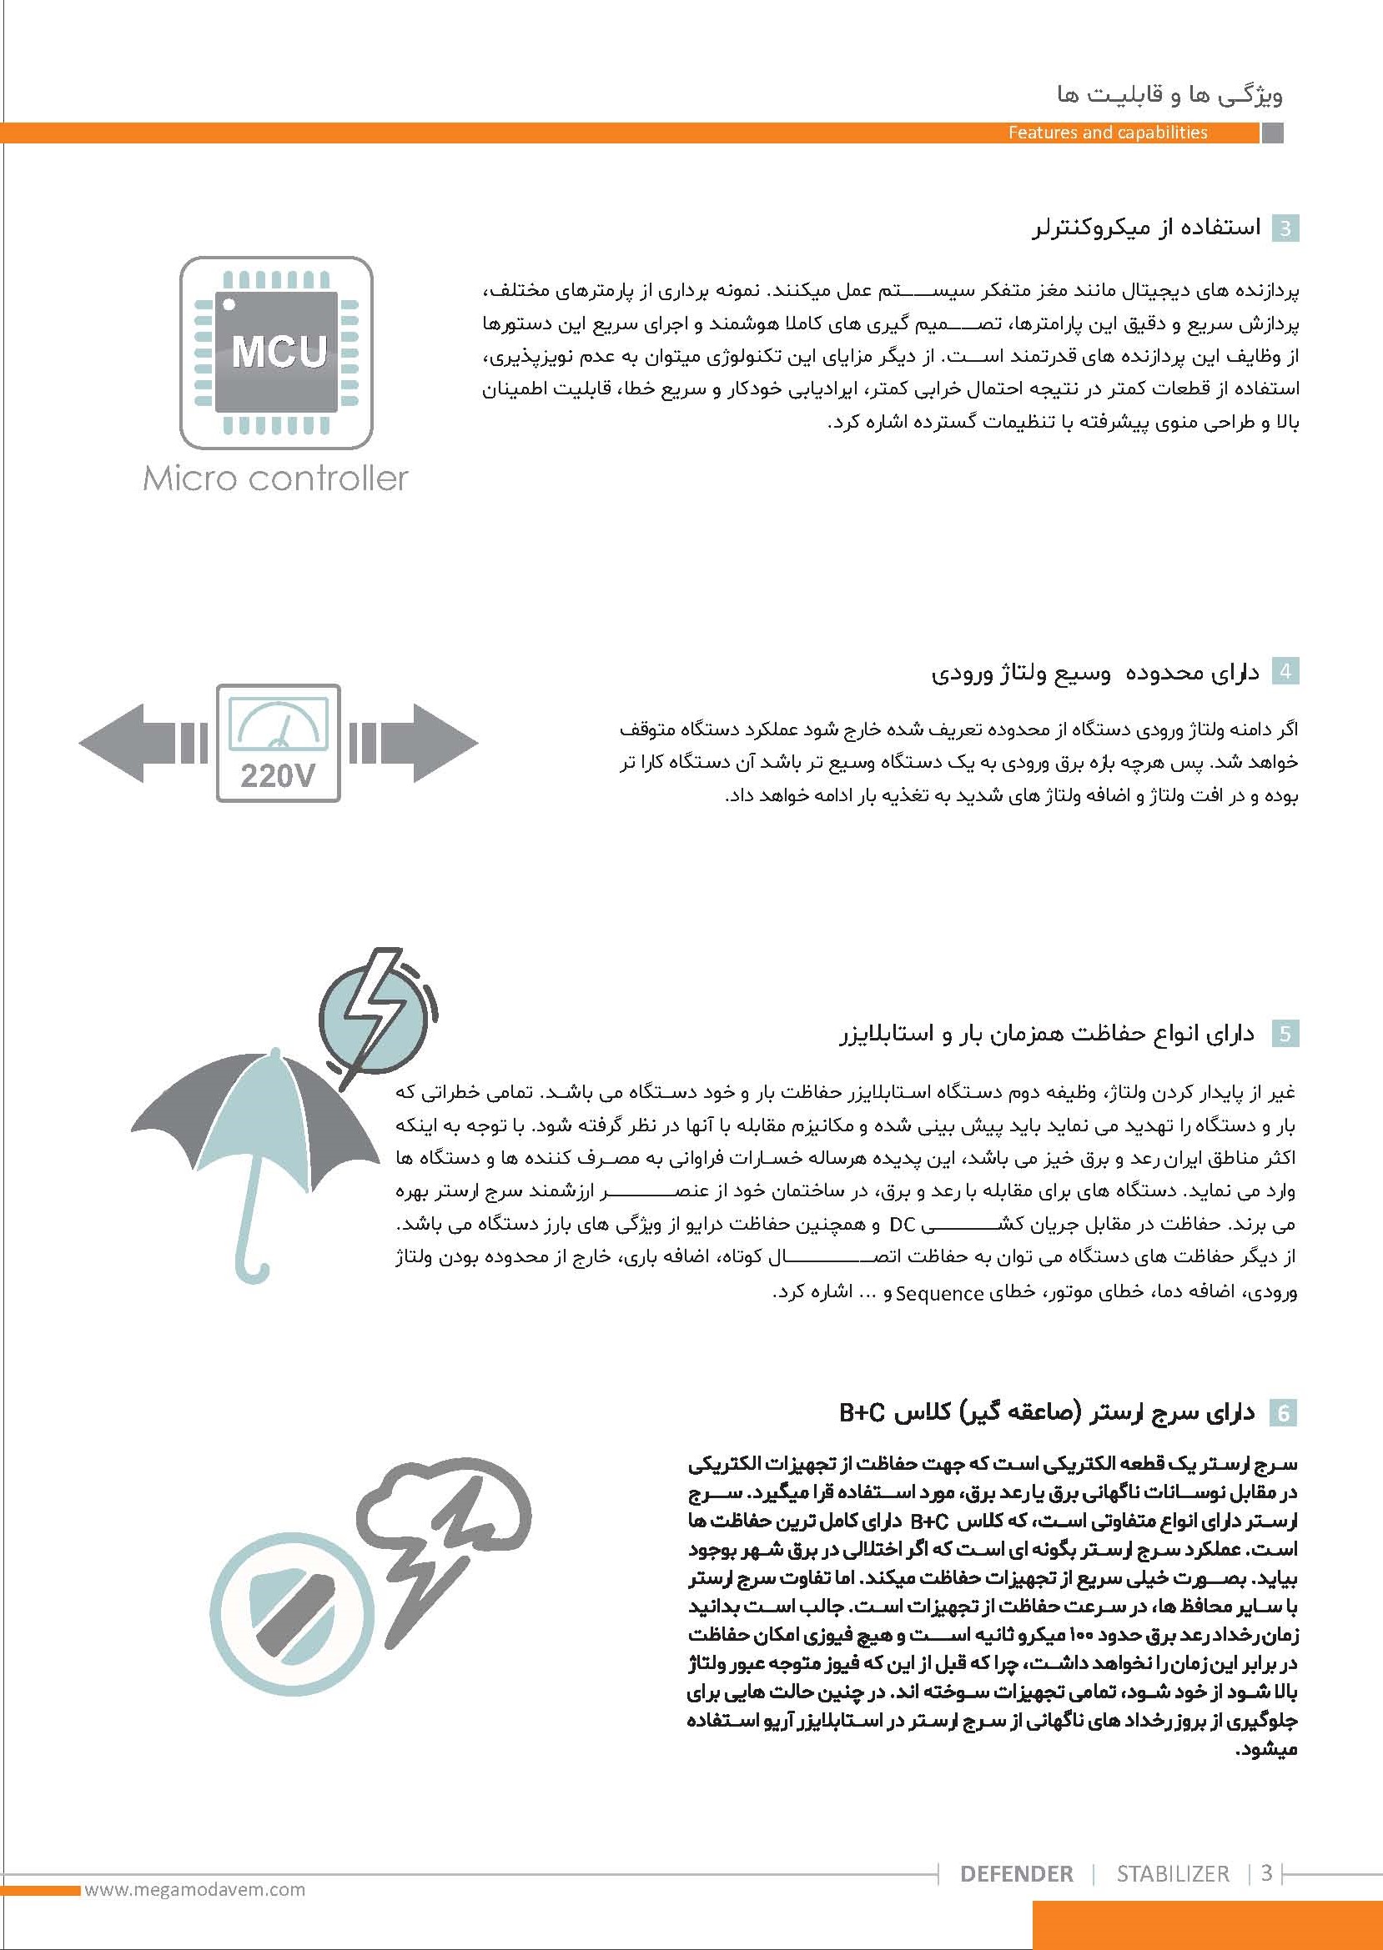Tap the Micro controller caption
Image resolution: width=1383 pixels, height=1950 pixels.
(275, 479)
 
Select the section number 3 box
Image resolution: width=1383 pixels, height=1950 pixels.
(1285, 229)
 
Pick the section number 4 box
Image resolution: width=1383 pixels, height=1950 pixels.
(1285, 673)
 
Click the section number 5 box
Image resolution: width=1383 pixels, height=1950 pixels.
(1285, 1033)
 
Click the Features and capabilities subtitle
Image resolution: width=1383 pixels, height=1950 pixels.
(1107, 132)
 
